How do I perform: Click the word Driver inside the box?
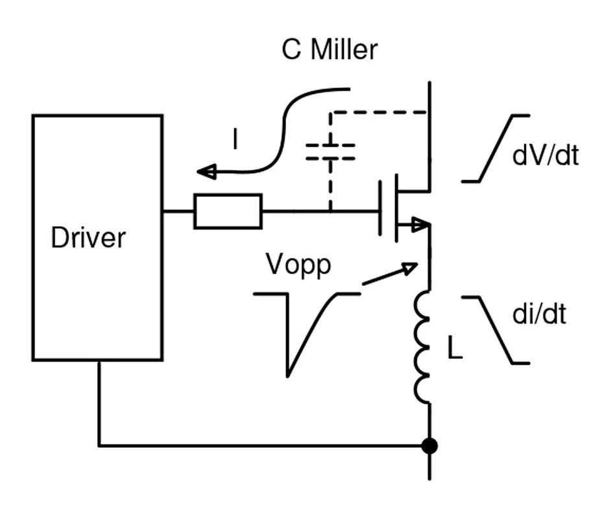pos(88,238)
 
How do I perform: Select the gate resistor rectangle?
pos(228,211)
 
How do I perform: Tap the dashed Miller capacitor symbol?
pos(330,151)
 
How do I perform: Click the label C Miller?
pos(329,50)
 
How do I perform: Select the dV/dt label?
pos(545,156)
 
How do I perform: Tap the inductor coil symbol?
pos(424,347)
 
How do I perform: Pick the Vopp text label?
pos(298,264)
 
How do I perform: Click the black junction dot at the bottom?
pos(429,446)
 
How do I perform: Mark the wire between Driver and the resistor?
pos(178,211)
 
